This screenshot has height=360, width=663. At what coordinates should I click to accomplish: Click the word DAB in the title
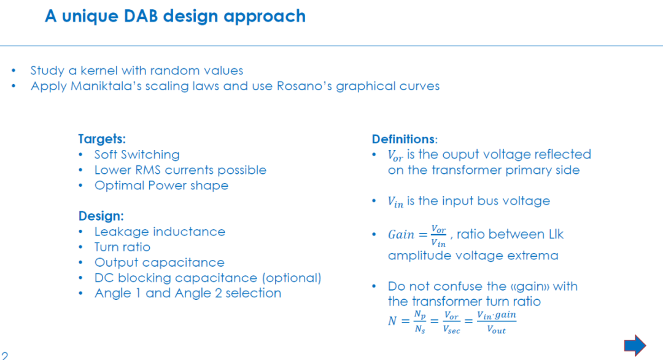[x=141, y=16]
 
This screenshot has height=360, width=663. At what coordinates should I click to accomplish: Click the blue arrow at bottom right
[x=635, y=345]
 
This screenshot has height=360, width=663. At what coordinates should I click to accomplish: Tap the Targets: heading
[x=102, y=139]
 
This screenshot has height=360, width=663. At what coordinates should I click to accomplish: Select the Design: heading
[x=101, y=216]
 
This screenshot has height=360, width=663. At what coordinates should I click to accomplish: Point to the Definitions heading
[x=404, y=139]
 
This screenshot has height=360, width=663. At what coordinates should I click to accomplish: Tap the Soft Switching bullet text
[x=137, y=154]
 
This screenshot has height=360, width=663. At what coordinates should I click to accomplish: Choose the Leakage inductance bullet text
[x=160, y=232]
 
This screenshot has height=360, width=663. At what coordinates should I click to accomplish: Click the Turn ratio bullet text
[x=122, y=246]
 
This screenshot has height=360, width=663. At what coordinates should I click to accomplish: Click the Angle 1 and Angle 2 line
[x=188, y=293]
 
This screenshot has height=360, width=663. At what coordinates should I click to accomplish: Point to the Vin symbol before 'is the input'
[x=395, y=202]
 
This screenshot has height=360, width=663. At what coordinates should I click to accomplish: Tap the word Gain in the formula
[x=401, y=234]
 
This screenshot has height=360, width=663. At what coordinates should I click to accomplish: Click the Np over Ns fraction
[x=420, y=322]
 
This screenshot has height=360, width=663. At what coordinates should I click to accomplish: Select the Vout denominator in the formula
[x=497, y=329]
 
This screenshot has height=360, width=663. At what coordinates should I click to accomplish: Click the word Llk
[x=556, y=234]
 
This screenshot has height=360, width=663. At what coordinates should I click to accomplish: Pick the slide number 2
[x=4, y=355]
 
